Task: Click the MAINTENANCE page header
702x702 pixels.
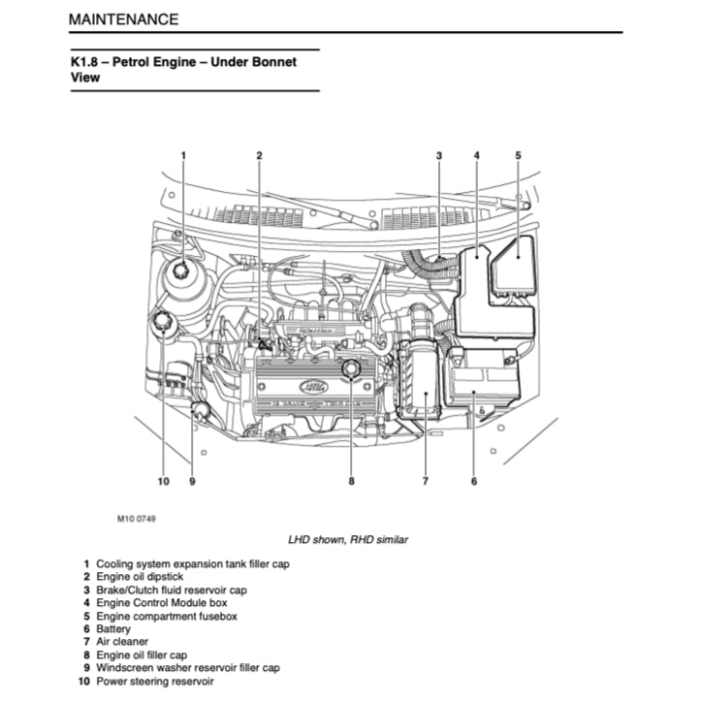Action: point(123,18)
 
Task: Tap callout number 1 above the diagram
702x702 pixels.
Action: point(182,155)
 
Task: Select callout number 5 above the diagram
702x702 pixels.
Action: point(518,155)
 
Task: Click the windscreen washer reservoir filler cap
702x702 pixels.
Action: point(201,410)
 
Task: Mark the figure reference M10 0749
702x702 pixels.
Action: point(137,519)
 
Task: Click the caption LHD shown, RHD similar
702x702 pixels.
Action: point(347,539)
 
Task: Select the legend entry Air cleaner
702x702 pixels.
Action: point(122,642)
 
